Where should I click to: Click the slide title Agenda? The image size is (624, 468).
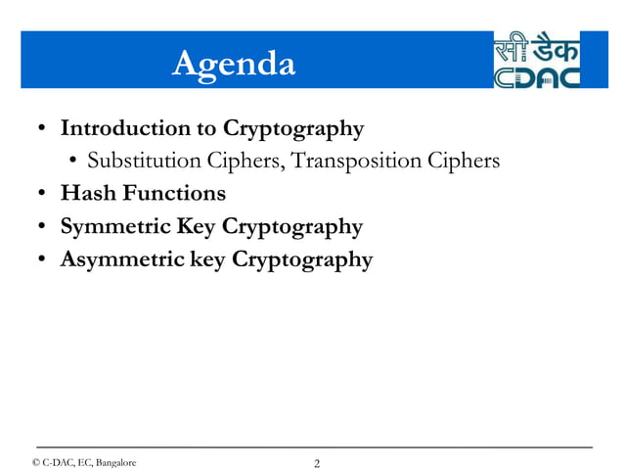pyautogui.click(x=233, y=64)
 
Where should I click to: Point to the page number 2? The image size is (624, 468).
pyautogui.click(x=316, y=462)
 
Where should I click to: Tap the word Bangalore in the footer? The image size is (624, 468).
pyautogui.click(x=115, y=461)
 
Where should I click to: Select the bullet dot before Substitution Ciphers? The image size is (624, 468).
pyautogui.click(x=73, y=162)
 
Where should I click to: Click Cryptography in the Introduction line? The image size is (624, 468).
pyautogui.click(x=293, y=128)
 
